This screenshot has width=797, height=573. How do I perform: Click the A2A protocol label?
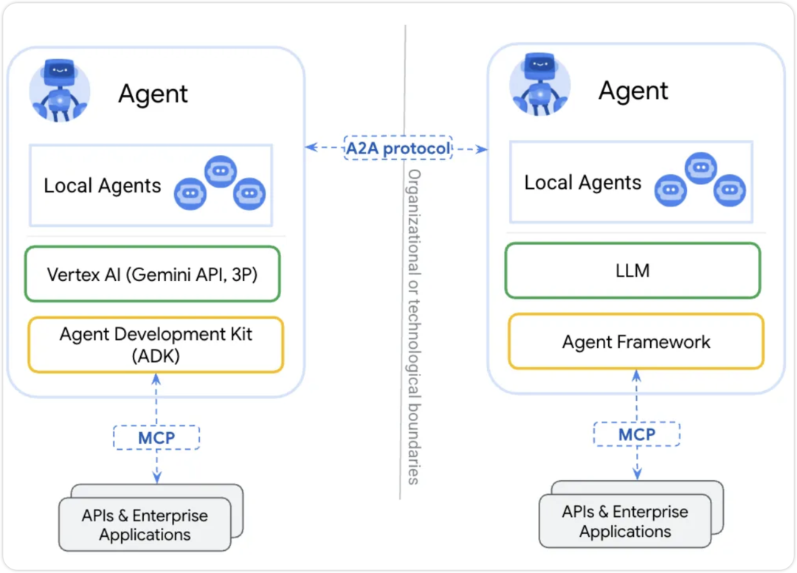click(398, 148)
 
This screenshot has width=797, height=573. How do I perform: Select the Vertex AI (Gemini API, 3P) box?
click(153, 274)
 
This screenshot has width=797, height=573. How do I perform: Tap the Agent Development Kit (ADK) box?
click(156, 344)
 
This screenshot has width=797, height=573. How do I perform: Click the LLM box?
click(632, 271)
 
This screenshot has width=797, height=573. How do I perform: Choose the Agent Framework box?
click(636, 341)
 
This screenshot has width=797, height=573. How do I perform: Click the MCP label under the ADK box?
click(156, 438)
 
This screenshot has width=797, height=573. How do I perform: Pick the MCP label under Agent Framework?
click(636, 434)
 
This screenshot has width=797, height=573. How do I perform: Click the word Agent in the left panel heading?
click(153, 94)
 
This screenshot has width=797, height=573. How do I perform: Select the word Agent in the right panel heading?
click(633, 91)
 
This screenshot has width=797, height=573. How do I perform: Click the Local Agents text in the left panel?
click(102, 185)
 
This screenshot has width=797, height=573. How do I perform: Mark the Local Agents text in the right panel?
click(583, 182)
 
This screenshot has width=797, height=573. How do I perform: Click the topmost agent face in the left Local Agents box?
click(219, 172)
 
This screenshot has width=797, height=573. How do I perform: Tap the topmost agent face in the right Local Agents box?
click(700, 168)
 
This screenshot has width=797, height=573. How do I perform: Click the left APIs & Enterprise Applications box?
click(145, 525)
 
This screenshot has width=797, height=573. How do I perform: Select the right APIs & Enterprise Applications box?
click(625, 521)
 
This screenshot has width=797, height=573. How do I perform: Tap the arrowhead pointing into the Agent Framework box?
click(636, 375)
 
